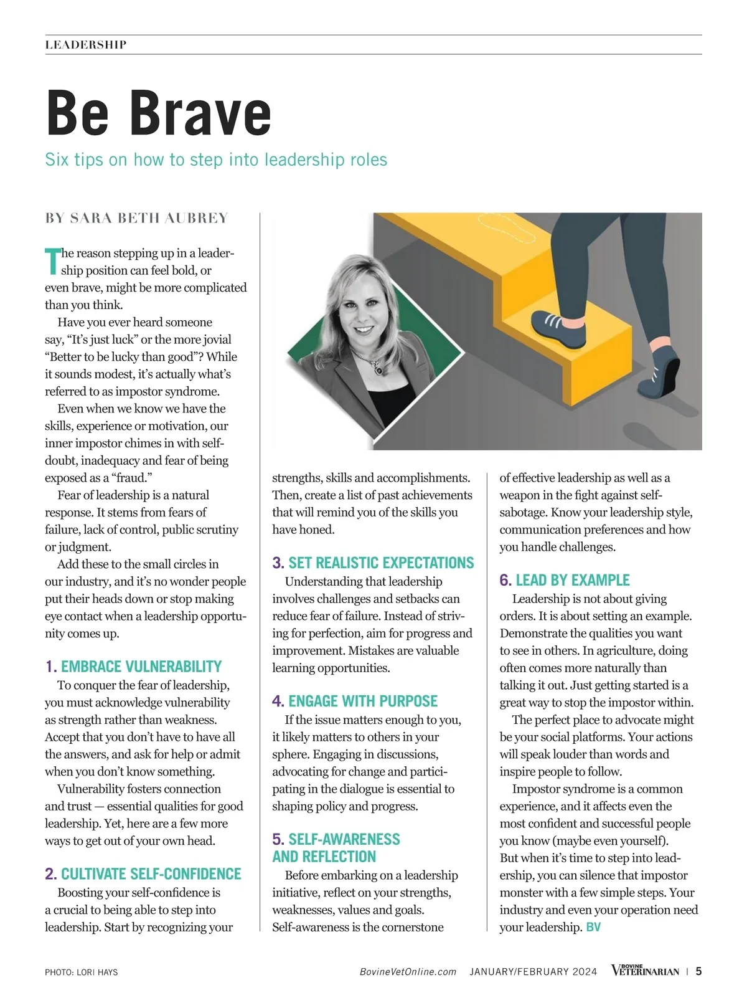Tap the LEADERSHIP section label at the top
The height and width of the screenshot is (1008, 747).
(x=86, y=45)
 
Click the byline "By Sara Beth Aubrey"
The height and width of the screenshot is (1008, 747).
(x=137, y=218)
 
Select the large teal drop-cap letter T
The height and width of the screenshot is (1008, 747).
(x=52, y=261)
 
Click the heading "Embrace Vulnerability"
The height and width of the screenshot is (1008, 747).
(x=141, y=667)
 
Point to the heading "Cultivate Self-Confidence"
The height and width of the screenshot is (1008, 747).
(x=151, y=874)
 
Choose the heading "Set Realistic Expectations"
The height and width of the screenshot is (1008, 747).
(x=381, y=563)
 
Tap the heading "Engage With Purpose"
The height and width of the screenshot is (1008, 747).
(x=363, y=701)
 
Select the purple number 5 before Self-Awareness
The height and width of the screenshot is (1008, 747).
(x=278, y=840)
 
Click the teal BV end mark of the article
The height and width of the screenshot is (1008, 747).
(x=593, y=928)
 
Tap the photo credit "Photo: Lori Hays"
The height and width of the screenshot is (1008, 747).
(x=82, y=972)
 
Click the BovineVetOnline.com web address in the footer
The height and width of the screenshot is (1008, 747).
(x=408, y=972)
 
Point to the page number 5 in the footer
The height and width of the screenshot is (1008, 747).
(x=698, y=971)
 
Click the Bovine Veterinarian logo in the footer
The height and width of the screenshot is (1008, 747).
(x=645, y=971)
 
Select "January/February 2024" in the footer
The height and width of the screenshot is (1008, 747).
(x=533, y=972)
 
